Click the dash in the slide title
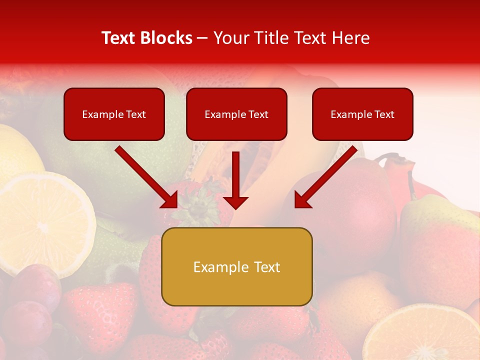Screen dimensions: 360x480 click(x=202, y=38)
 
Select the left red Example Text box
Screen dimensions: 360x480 click(x=114, y=114)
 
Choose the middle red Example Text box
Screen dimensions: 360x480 click(x=236, y=114)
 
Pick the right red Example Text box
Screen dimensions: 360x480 click(x=362, y=114)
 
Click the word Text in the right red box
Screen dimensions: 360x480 click(x=384, y=114)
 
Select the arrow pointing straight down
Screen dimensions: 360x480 click(x=235, y=180)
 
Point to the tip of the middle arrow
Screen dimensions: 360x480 click(x=235, y=207)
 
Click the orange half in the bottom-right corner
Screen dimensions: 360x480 click(x=425, y=335)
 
